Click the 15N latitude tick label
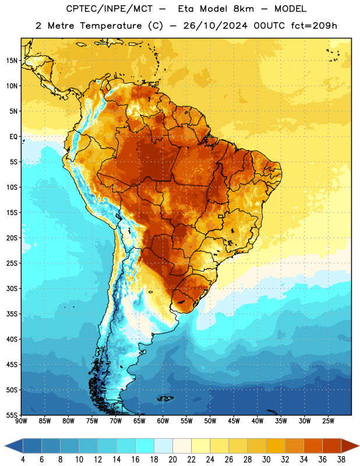click(12, 61)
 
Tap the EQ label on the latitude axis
click(13, 137)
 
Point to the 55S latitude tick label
click(12, 415)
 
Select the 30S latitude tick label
click(12, 288)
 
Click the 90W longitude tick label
click(21, 421)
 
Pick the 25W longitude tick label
click(328, 421)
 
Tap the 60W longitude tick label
click(163, 421)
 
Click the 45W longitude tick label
click(234, 421)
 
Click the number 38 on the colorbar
click(341, 460)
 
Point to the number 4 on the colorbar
click(23, 460)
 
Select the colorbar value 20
click(172, 460)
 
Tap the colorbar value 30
click(266, 460)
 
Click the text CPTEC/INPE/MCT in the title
click(109, 9)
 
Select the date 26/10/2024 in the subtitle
click(215, 26)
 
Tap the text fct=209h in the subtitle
click(314, 26)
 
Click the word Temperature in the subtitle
click(111, 26)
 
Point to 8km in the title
click(243, 9)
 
